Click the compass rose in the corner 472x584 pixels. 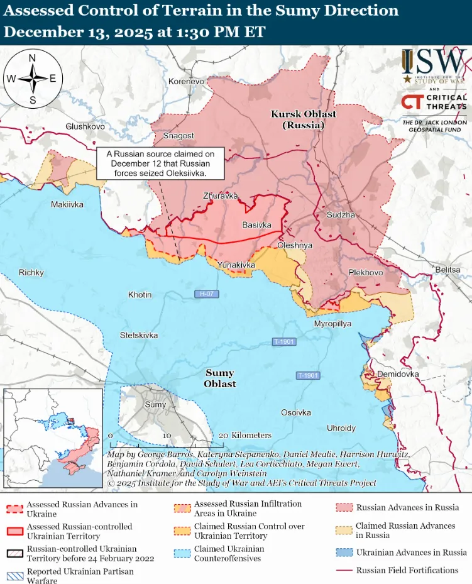pyautogui.click(x=32, y=79)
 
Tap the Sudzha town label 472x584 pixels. pyautogui.click(x=341, y=215)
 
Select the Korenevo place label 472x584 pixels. pyautogui.click(x=187, y=82)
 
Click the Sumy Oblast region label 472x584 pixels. pyautogui.click(x=220, y=378)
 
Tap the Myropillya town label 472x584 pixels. pyautogui.click(x=332, y=323)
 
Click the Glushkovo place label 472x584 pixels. pyautogui.click(x=85, y=126)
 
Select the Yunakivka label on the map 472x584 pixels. pyautogui.click(x=236, y=265)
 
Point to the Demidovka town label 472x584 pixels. pyautogui.click(x=398, y=374)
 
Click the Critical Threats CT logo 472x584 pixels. pyautogui.click(x=434, y=102)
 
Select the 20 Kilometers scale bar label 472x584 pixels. pyautogui.click(x=245, y=435)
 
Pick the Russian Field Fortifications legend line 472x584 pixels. pyautogui.click(x=343, y=571)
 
